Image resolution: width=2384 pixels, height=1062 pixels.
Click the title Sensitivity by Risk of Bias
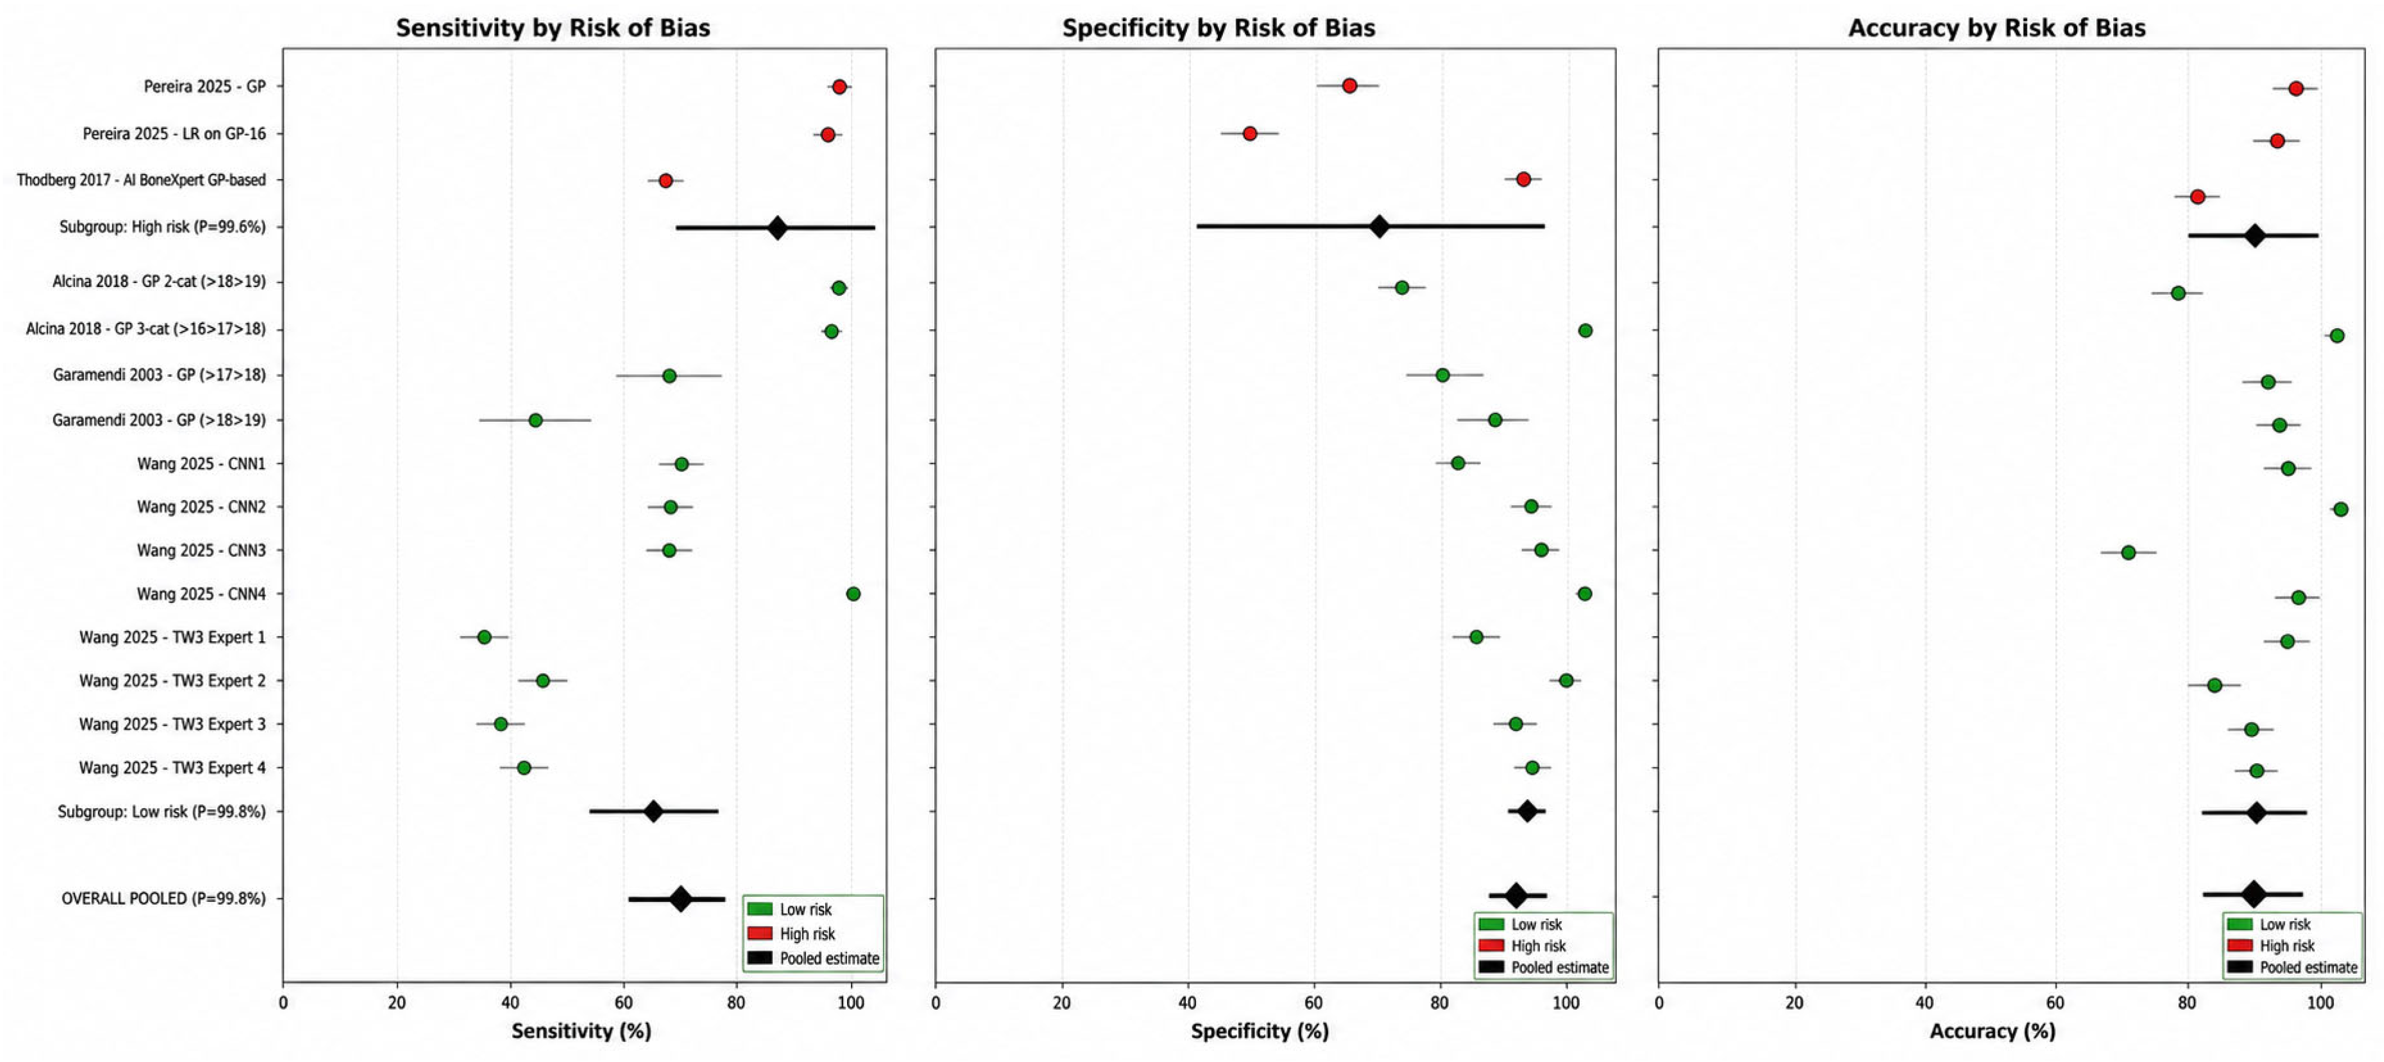pos(553,28)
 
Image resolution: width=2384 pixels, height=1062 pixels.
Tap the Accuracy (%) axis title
pos(1992,1031)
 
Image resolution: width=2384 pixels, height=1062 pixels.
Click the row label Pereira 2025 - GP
pos(204,86)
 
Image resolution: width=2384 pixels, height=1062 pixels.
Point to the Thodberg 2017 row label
pos(140,180)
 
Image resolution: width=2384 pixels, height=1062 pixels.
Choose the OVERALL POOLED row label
pos(164,898)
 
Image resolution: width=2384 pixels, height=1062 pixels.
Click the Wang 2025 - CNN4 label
pos(201,594)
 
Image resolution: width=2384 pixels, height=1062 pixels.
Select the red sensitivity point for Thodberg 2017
pos(666,180)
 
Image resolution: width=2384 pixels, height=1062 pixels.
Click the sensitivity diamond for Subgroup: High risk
pos(777,227)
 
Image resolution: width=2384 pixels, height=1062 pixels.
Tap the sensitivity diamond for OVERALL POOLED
pos(680,899)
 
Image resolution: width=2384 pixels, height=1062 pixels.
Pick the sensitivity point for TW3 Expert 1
pos(484,637)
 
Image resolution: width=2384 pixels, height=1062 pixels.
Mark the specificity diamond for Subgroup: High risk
pos(1379,227)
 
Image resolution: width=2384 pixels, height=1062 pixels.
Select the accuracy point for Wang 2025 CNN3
pos(2128,552)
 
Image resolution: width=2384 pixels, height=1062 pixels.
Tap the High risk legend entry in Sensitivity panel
pos(792,933)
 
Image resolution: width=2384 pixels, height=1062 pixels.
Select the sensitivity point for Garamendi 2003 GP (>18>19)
pos(535,420)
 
